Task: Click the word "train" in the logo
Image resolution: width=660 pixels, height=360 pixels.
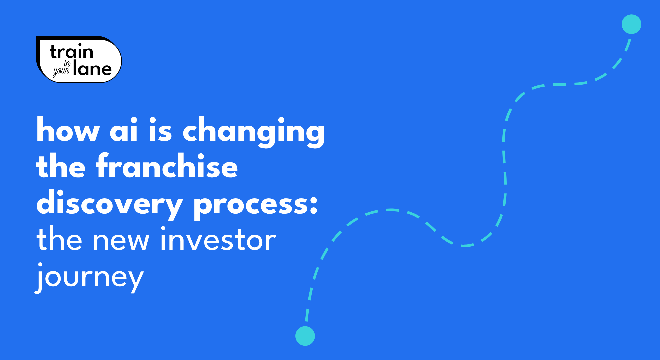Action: (71, 52)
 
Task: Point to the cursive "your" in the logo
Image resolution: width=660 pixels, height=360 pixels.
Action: (61, 71)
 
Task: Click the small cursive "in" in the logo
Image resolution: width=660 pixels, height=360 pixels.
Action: (67, 63)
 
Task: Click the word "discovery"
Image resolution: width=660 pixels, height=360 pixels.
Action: (110, 204)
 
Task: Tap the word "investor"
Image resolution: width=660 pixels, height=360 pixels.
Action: (218, 239)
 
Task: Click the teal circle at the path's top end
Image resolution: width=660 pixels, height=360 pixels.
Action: (631, 24)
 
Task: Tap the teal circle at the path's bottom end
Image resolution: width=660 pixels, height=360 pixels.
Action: (305, 336)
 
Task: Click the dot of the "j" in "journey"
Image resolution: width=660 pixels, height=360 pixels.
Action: (40, 265)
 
